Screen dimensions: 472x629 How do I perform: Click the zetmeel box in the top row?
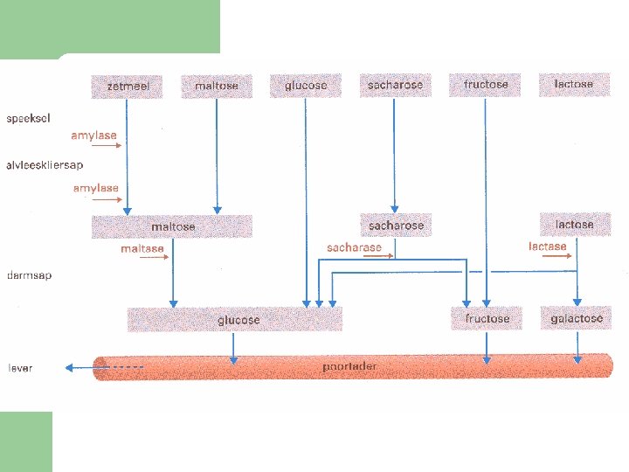(x=126, y=86)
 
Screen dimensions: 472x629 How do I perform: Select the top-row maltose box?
(x=216, y=86)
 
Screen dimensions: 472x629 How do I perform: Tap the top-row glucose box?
(x=306, y=85)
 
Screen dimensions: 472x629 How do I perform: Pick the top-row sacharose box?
(x=395, y=85)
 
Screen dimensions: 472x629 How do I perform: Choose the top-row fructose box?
(x=486, y=85)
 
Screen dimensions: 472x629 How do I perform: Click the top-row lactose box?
(x=573, y=84)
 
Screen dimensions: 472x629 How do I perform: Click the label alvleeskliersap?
(x=45, y=163)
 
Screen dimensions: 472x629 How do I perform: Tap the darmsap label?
(x=29, y=275)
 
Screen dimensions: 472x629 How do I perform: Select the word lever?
(x=20, y=368)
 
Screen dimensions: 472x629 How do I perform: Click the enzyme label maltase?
(x=142, y=249)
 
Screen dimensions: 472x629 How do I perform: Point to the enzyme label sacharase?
(x=354, y=247)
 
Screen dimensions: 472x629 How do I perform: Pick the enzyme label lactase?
(x=548, y=246)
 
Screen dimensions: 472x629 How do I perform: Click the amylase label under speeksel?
(x=93, y=135)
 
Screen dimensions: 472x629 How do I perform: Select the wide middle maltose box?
(x=172, y=226)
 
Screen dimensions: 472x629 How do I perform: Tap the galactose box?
(x=577, y=318)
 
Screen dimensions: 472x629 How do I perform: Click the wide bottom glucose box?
(x=236, y=320)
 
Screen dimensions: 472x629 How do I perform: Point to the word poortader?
(x=349, y=366)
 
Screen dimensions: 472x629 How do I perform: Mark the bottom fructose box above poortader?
(x=487, y=318)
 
